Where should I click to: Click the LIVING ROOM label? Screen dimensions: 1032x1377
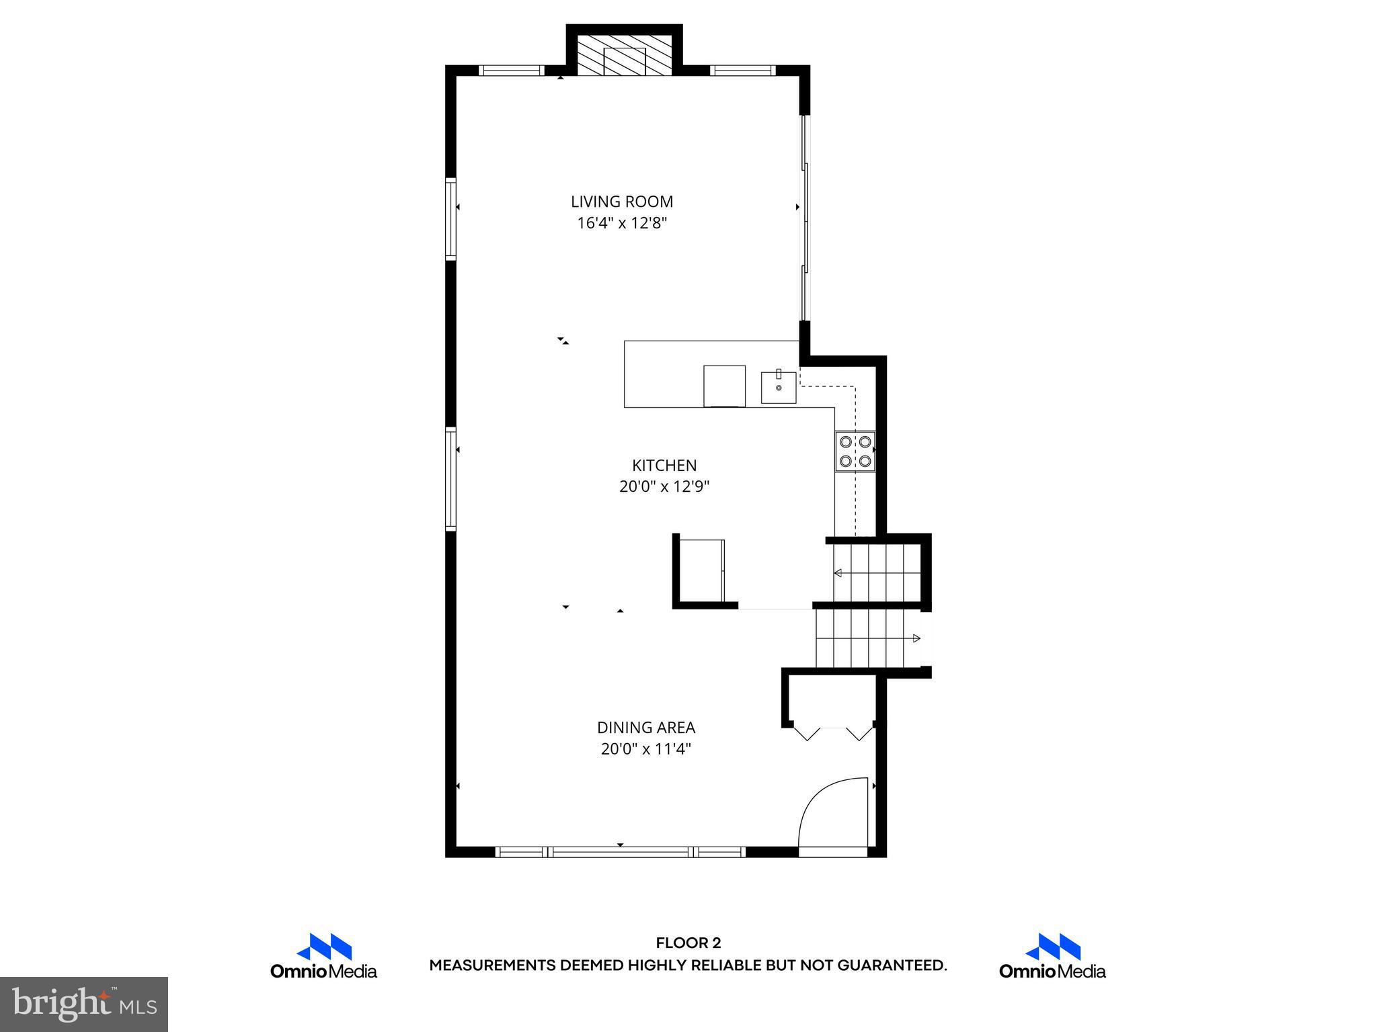pyautogui.click(x=622, y=202)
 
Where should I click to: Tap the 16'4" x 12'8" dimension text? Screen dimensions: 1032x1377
pyautogui.click(x=622, y=223)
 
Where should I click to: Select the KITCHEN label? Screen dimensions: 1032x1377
pyautogui.click(x=664, y=465)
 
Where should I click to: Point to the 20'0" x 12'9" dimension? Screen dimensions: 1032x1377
pyautogui.click(x=664, y=486)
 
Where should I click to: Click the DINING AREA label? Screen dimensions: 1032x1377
pyautogui.click(x=646, y=727)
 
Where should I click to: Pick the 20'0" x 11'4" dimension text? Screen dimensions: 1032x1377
pyautogui.click(x=646, y=748)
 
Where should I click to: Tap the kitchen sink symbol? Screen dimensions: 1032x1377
pyautogui.click(x=779, y=388)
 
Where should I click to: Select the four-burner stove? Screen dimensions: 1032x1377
pyautogui.click(x=855, y=451)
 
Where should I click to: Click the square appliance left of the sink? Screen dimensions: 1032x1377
pyautogui.click(x=724, y=386)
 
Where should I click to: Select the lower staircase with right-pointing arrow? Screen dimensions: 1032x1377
pyautogui.click(x=867, y=638)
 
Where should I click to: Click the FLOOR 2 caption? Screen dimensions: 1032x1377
pyautogui.click(x=688, y=943)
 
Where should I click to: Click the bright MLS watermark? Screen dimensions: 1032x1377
pyautogui.click(x=84, y=1004)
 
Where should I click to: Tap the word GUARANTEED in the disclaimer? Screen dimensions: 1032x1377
pyautogui.click(x=892, y=965)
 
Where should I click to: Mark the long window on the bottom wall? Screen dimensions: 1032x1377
pyautogui.click(x=621, y=852)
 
